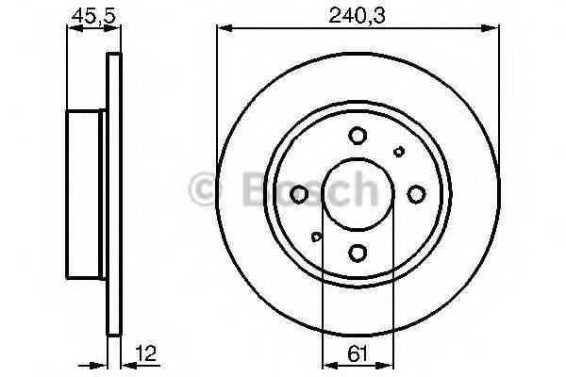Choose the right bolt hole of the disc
point(417,194)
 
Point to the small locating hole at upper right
point(399,152)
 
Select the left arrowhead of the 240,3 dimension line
point(224,27)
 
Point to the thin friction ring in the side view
point(115,194)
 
